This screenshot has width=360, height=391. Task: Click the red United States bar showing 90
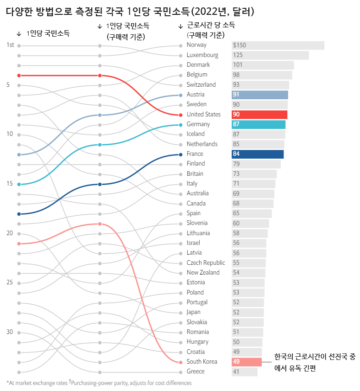click(x=259, y=115)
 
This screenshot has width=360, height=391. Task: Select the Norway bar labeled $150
click(x=278, y=45)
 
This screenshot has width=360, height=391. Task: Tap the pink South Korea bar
click(x=246, y=362)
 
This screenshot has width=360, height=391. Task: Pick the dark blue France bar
click(x=258, y=154)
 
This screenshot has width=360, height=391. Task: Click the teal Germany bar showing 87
click(x=259, y=124)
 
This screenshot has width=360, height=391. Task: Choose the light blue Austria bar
click(x=260, y=95)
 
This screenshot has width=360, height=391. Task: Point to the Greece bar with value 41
click(x=244, y=372)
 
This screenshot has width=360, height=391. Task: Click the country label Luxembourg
click(x=202, y=55)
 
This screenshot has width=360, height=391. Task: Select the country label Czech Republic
click(x=206, y=263)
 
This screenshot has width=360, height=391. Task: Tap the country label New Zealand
click(x=203, y=272)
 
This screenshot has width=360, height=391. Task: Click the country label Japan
click(x=194, y=312)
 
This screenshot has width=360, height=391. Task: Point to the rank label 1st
click(x=10, y=45)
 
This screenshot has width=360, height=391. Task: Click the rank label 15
click(x=10, y=184)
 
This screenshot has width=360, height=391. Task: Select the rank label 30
click(x=10, y=332)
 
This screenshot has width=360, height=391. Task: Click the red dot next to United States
click(x=181, y=115)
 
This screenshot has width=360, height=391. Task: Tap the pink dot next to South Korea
click(x=181, y=362)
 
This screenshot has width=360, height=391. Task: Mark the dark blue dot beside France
click(x=181, y=154)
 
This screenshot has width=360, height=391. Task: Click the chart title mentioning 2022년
click(x=130, y=11)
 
